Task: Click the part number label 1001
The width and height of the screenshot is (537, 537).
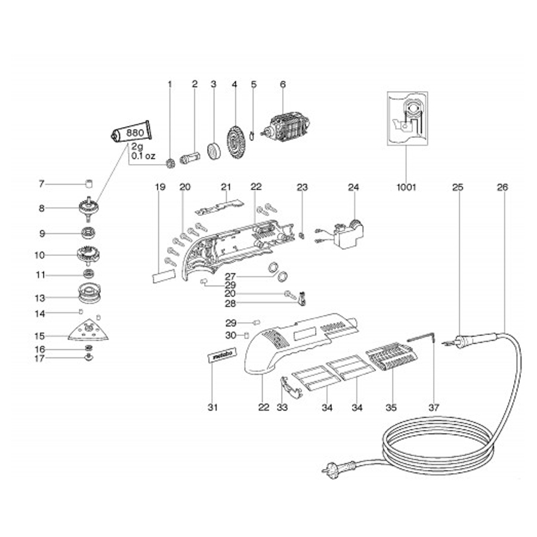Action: click(405, 187)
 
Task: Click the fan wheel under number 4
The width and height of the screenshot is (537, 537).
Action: click(234, 142)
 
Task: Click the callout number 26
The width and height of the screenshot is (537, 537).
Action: click(502, 187)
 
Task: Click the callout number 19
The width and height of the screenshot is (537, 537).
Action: click(160, 187)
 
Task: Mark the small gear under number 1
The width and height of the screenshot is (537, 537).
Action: click(169, 162)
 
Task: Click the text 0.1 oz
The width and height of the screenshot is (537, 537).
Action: click(143, 156)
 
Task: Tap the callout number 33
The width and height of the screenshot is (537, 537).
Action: click(282, 408)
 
